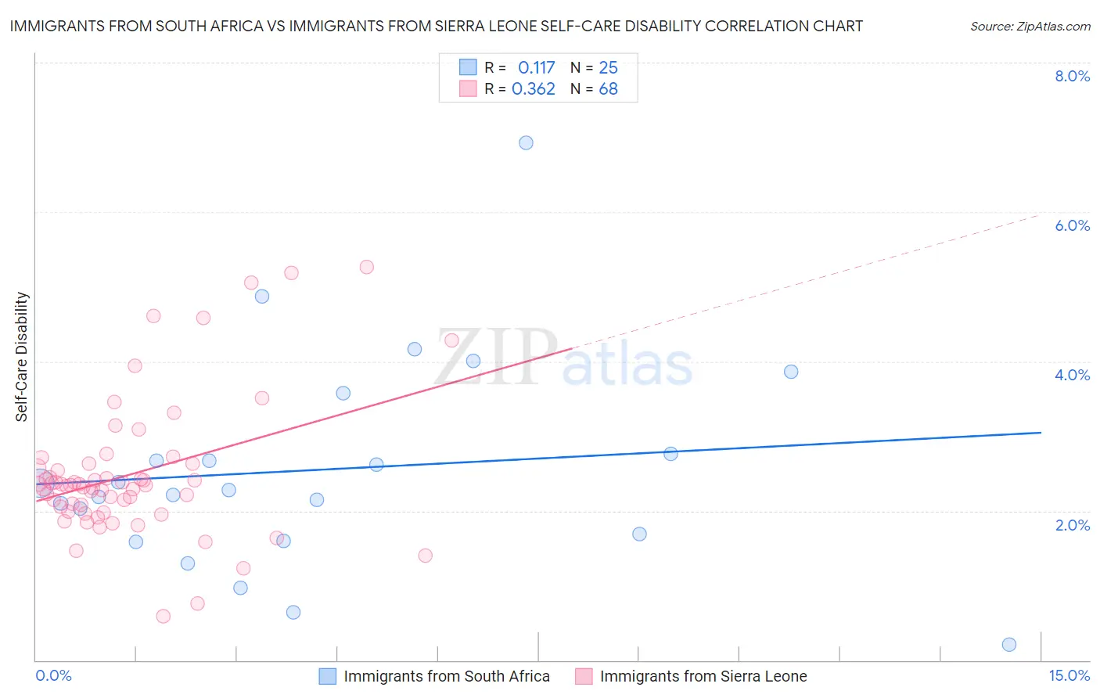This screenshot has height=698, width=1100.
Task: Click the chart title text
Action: click(x=437, y=26)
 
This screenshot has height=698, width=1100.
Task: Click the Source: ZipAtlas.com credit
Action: click(x=1030, y=26)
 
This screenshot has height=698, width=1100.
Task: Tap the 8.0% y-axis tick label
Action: click(x=1072, y=76)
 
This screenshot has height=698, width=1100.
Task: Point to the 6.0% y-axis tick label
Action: click(x=1072, y=225)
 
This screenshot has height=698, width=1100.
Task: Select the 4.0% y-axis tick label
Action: click(x=1072, y=375)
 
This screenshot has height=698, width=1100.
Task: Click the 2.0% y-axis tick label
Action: click(x=1072, y=525)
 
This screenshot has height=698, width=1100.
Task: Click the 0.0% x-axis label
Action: click(x=53, y=675)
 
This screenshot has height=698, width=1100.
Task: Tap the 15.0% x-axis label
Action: click(x=1069, y=675)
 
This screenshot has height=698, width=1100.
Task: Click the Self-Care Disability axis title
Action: click(x=22, y=357)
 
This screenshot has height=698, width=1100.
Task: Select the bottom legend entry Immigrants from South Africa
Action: click(x=446, y=676)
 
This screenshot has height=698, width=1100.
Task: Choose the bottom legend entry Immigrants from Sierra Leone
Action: click(x=703, y=676)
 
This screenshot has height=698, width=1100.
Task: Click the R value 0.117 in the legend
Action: click(x=536, y=67)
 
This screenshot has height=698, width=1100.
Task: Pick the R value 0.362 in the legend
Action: click(x=534, y=89)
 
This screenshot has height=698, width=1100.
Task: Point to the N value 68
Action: click(x=608, y=89)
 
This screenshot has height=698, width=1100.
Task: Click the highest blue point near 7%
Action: click(x=526, y=142)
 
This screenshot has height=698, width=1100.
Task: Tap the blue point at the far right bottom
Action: click(x=1009, y=645)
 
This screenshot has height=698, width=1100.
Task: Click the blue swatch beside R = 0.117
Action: click(x=468, y=67)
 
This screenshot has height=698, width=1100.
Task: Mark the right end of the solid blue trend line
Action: click(x=1041, y=433)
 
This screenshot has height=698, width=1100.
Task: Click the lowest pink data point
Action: click(x=163, y=617)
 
